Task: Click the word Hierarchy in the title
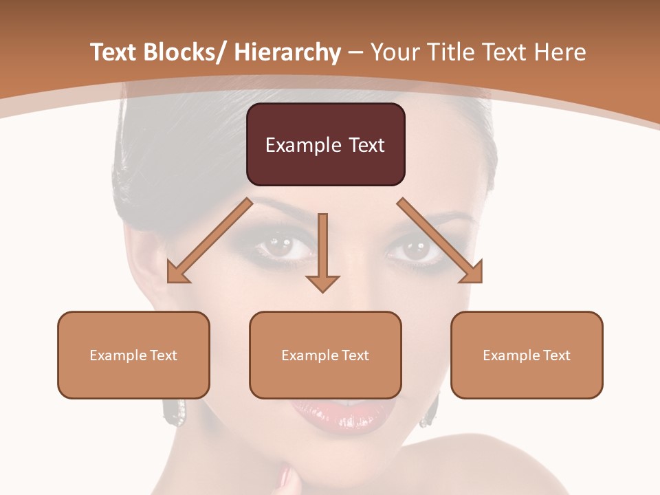(x=287, y=52)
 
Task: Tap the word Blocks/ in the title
(x=184, y=52)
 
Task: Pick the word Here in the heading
(x=562, y=52)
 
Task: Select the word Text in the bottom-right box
(x=556, y=355)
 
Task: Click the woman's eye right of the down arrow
(x=415, y=249)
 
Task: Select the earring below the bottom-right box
(x=431, y=411)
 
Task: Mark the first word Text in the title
(x=115, y=52)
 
